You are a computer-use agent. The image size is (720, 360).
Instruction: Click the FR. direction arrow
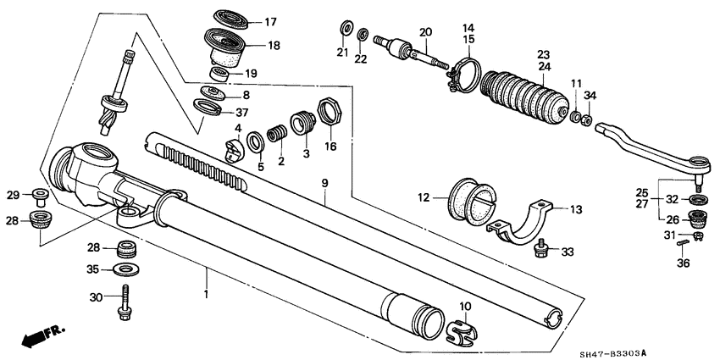coord(41,337)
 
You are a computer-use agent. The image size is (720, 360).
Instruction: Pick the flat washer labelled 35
coord(126,269)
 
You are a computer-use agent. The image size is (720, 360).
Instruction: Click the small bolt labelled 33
coord(543,250)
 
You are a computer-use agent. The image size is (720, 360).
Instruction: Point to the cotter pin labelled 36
coord(685,246)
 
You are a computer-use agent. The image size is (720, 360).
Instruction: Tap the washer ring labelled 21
coord(346,30)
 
